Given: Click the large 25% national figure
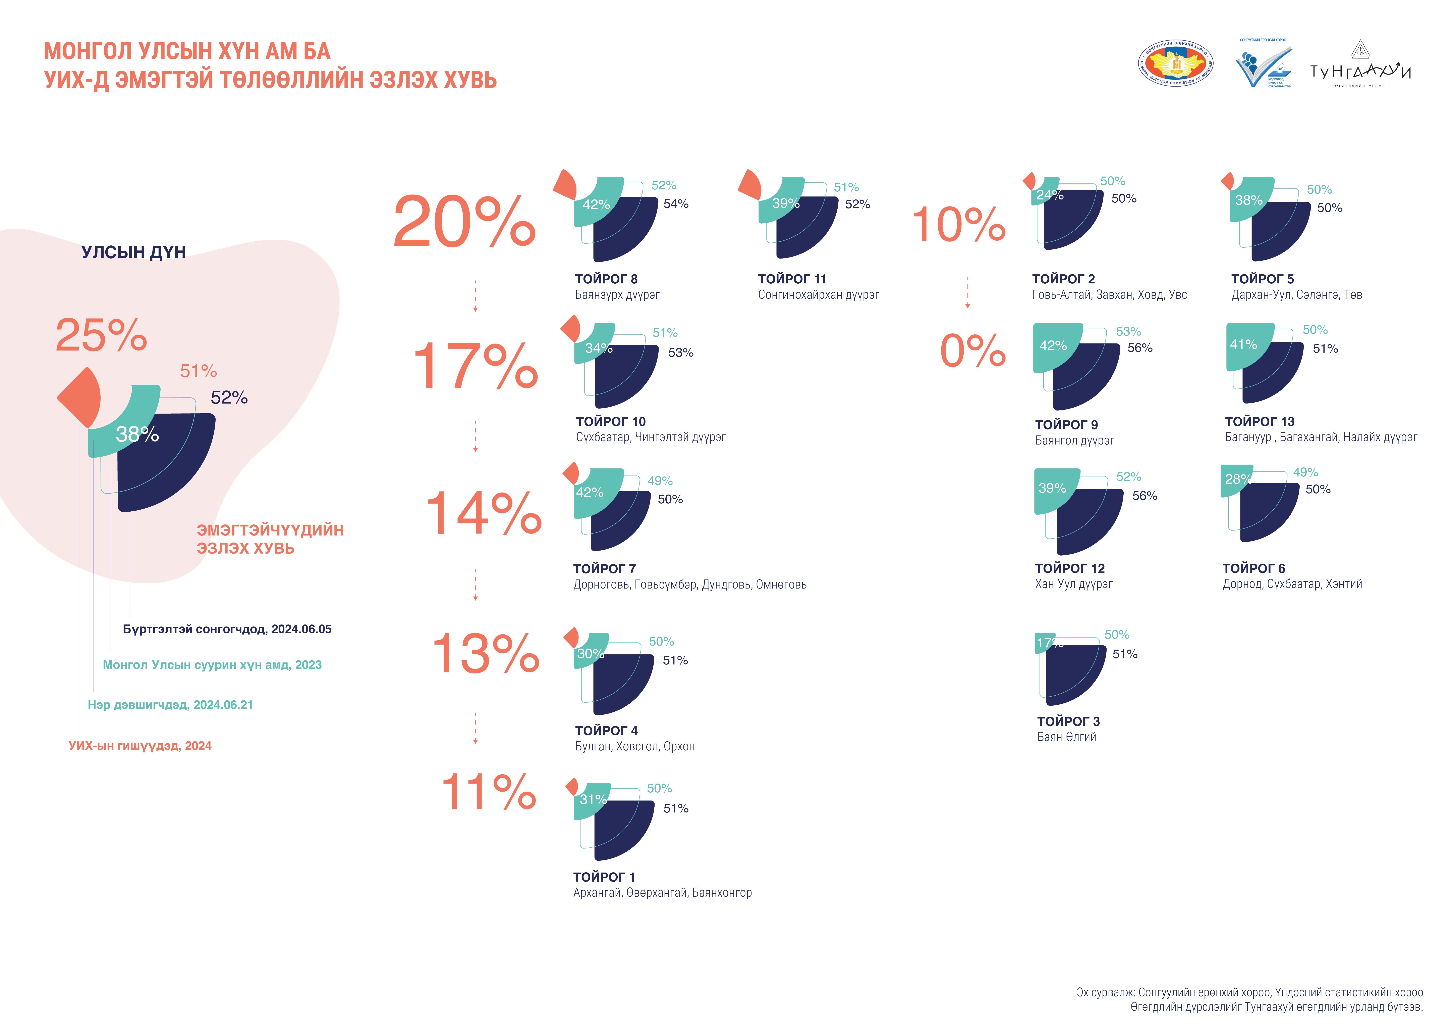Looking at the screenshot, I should [101, 335].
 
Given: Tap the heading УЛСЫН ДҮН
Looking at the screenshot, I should [133, 252].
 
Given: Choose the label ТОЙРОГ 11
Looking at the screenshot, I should [792, 279].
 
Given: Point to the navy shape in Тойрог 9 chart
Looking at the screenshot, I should [1087, 379].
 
